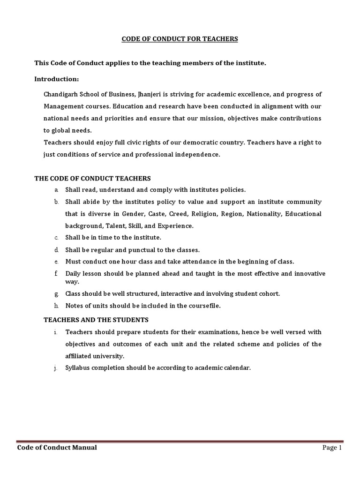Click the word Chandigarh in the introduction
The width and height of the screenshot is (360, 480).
60,94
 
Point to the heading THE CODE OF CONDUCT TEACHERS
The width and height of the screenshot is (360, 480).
92,178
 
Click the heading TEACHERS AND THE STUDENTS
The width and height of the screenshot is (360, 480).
96,320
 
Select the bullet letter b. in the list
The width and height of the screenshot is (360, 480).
55,202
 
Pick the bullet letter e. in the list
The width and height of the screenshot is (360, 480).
55,262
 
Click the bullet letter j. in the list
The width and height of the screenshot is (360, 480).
55,368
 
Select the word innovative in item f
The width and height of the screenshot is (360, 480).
307,273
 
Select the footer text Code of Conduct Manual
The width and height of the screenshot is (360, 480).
57,448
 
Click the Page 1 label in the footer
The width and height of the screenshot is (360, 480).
330,448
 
